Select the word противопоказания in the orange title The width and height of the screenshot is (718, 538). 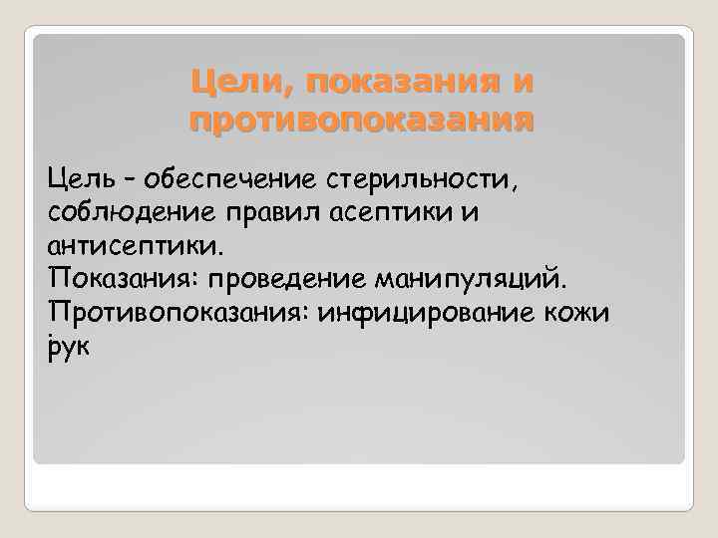click(361, 121)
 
